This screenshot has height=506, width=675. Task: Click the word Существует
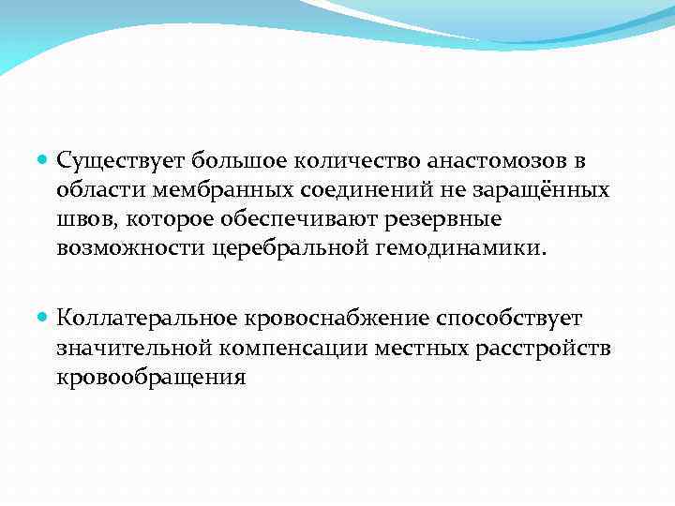[114, 161]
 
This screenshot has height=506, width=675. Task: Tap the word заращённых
[547, 190]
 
